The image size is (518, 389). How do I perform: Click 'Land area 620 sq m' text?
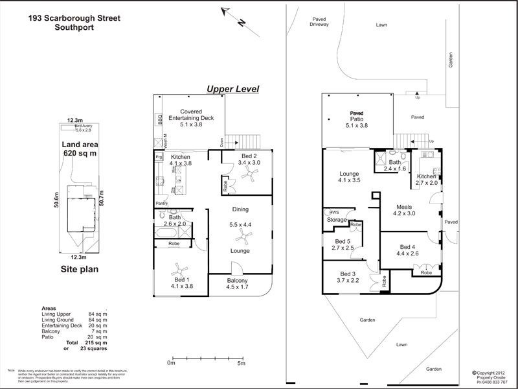(78, 148)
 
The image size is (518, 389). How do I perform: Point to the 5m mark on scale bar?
(241, 363)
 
